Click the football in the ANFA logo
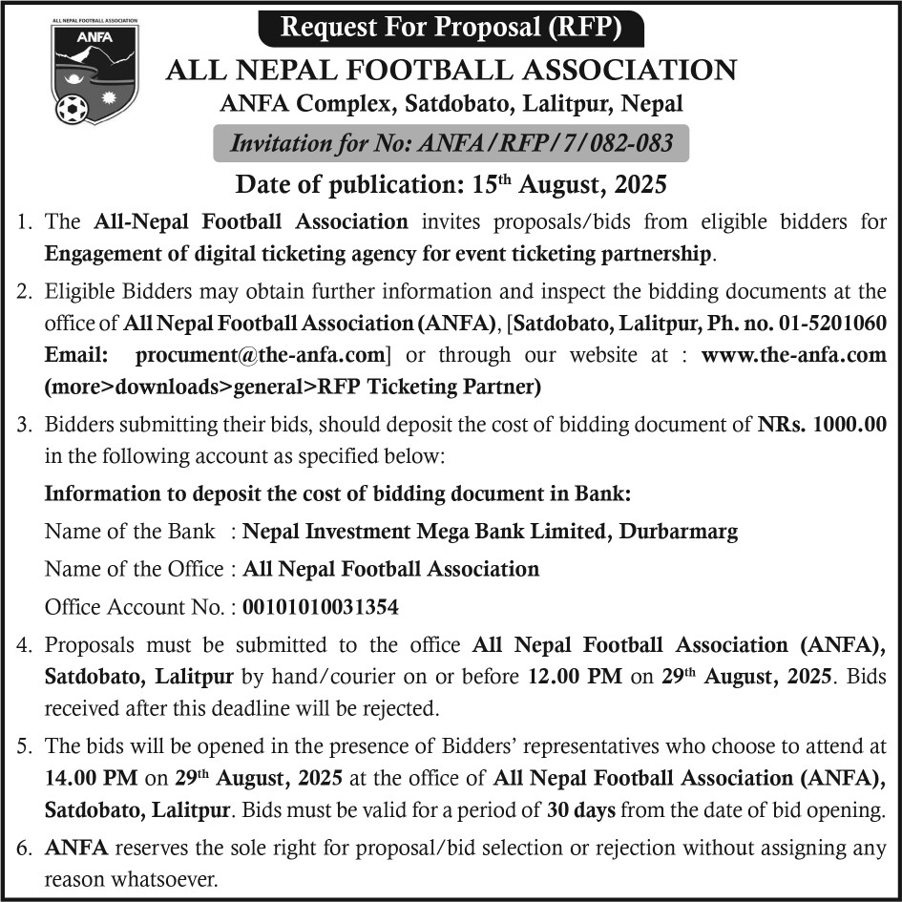click(x=72, y=108)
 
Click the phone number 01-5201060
click(x=829, y=324)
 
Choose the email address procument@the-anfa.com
click(x=260, y=355)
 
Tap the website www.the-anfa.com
click(x=793, y=355)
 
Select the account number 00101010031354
click(x=321, y=606)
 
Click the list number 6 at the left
click(x=26, y=846)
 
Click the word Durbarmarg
click(x=678, y=531)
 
